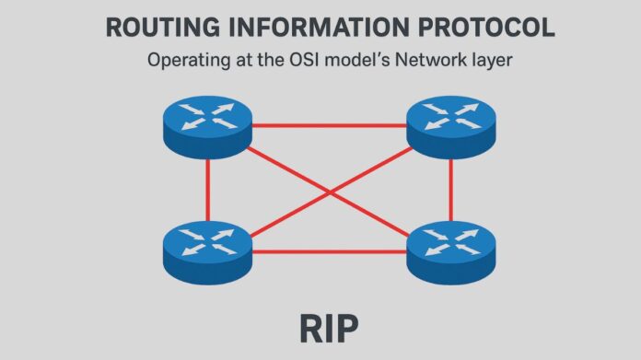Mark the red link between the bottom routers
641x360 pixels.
[x=329, y=250]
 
